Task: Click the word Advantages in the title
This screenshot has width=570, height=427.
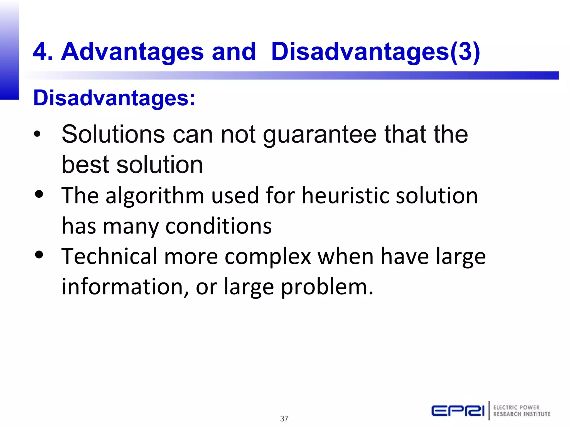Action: coord(132,52)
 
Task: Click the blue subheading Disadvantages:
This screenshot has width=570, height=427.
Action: coord(114,98)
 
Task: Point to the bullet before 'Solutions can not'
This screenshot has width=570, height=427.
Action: coord(37,134)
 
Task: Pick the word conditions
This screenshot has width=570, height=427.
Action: coord(218,226)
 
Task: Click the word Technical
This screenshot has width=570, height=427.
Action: coord(109,256)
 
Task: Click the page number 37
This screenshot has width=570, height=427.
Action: coord(284,418)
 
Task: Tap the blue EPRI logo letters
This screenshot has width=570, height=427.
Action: coord(458,411)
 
